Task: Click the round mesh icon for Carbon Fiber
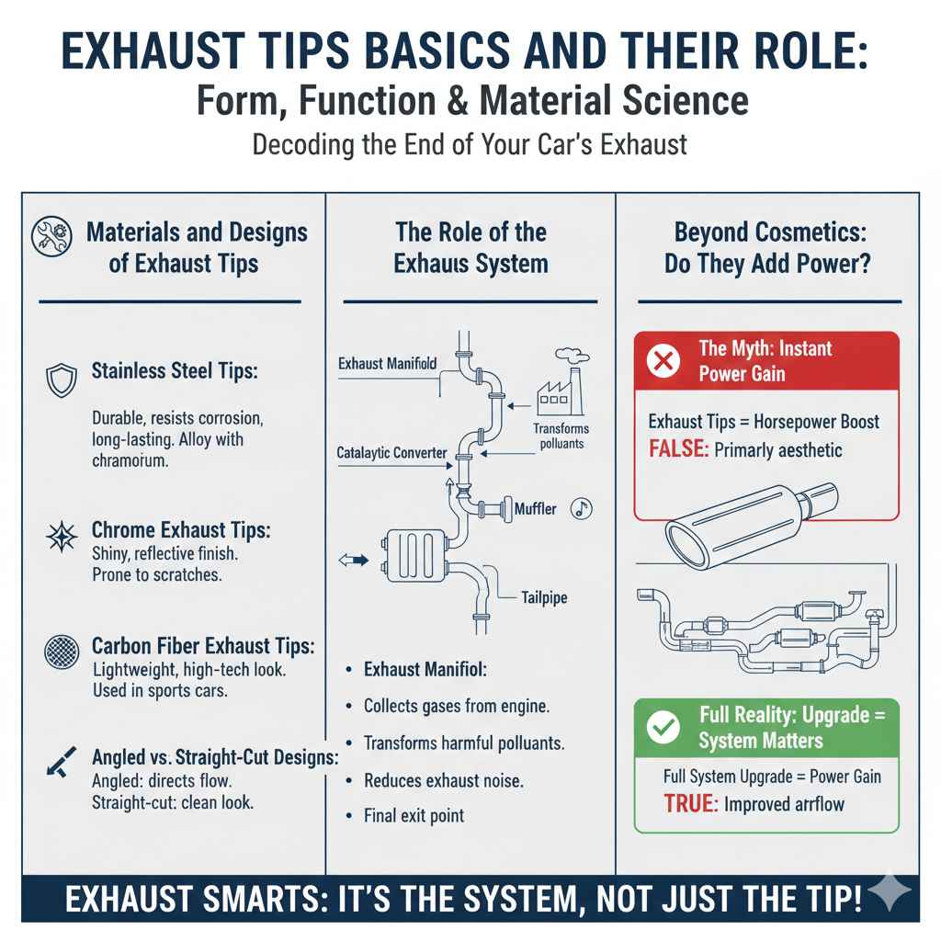tap(62, 652)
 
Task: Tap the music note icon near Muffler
tap(580, 507)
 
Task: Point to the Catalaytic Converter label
tap(391, 453)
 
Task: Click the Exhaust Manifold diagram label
tap(388, 364)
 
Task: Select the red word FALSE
tap(675, 450)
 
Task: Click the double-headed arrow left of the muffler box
tap(354, 560)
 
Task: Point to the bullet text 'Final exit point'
tap(414, 815)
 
